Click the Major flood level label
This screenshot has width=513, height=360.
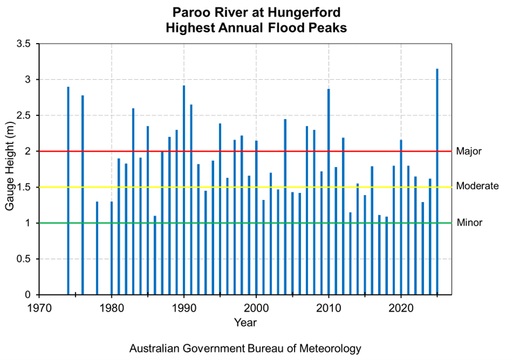pyautogui.click(x=469, y=151)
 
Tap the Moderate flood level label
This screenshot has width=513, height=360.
pyautogui.click(x=477, y=186)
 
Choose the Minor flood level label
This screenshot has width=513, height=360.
pyautogui.click(x=469, y=223)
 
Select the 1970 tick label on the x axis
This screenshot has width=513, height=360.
pyautogui.click(x=39, y=307)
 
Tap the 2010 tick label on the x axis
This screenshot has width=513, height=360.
pyautogui.click(x=329, y=307)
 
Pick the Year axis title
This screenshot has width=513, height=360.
pyautogui.click(x=245, y=323)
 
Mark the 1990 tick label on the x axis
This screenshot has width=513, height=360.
pyautogui.click(x=184, y=307)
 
